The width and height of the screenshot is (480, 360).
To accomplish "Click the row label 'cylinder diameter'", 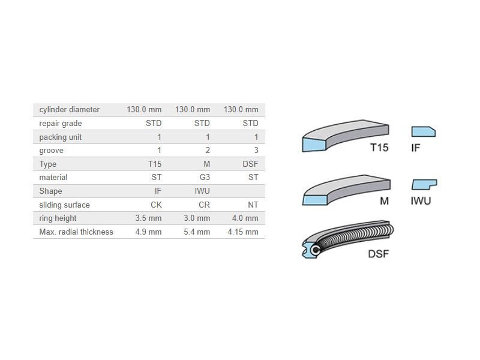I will (x=70, y=110).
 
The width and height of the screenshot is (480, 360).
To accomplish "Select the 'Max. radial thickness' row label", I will (x=76, y=232).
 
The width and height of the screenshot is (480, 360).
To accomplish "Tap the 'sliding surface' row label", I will (x=64, y=205).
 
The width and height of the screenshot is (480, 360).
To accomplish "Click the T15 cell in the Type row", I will (x=154, y=164).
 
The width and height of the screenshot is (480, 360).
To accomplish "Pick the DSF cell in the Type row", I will (x=250, y=164).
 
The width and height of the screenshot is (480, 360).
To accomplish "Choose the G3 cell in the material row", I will (x=204, y=178).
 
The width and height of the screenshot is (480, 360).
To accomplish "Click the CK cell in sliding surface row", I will (x=156, y=205).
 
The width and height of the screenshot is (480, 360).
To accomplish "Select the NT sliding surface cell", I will (x=253, y=205).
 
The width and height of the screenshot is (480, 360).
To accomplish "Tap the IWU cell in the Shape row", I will (x=202, y=191).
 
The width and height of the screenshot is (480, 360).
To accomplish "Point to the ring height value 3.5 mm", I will (x=148, y=218).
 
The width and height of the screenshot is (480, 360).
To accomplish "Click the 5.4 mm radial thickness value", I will (x=197, y=232).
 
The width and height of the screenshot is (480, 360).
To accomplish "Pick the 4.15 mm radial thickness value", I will (x=243, y=232).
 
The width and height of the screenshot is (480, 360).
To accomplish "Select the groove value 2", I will (x=208, y=151).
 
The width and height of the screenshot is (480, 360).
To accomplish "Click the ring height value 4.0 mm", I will (x=245, y=218).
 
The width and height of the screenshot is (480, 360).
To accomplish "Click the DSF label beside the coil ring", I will (x=378, y=254).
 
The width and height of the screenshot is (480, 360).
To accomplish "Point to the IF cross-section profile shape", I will (x=423, y=131).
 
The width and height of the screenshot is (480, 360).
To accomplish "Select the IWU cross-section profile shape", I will (x=424, y=184).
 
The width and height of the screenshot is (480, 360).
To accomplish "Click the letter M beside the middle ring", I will (x=384, y=201).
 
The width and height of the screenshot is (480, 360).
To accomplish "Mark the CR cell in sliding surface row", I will (x=204, y=205).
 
